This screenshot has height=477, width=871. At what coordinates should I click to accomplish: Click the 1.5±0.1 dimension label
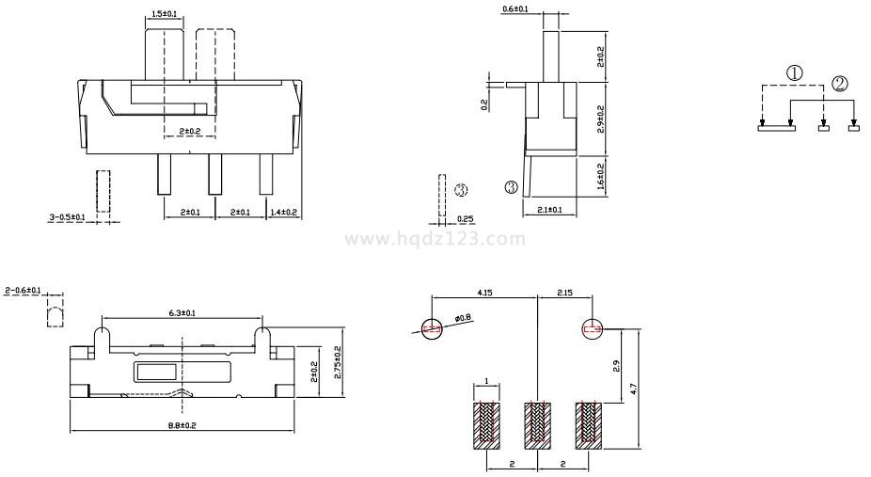coord(164,13)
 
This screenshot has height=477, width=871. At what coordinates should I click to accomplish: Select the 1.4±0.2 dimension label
coord(283,212)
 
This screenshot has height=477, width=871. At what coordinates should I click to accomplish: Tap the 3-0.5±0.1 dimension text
coord(67,217)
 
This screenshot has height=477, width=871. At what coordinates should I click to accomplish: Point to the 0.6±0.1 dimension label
coord(515,8)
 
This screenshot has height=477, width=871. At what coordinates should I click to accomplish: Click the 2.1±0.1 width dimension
coord(550,210)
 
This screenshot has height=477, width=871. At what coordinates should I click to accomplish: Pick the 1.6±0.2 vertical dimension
coord(600,176)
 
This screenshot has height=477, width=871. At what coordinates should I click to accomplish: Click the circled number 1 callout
coord(795,72)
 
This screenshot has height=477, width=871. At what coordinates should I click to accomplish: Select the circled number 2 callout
coord(840,84)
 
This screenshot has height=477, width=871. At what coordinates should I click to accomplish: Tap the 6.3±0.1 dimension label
coord(182,313)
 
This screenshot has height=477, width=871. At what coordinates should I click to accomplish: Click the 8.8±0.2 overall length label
coord(182,426)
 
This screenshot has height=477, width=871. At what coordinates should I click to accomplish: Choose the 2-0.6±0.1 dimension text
coord(23,291)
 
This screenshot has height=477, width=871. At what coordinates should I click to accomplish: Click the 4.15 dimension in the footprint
coord(485,292)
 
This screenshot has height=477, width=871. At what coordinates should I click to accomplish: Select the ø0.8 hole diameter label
coord(462,318)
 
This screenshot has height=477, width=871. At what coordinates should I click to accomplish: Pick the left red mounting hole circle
coord(432,328)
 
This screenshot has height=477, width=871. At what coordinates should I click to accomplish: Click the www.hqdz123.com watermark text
coord(435,239)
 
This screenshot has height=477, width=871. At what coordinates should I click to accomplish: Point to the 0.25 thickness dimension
coord(465,219)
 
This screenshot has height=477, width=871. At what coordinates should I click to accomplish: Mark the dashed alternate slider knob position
coord(215,55)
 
